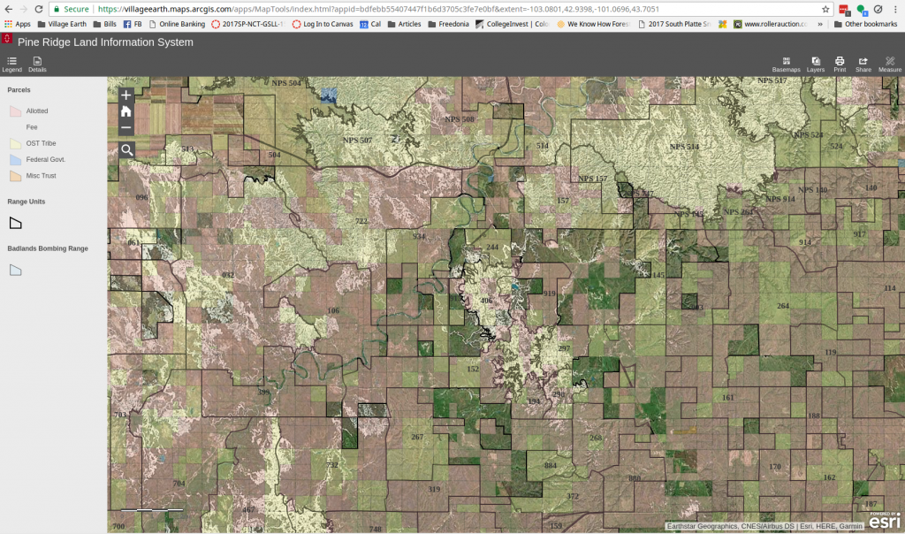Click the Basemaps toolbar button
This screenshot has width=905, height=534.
pos(785,63)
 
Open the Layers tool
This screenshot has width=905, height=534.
pos(815,63)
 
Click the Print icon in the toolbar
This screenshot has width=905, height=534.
pos(840,63)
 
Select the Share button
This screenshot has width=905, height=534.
pos(863,63)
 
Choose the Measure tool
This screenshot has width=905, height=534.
pos(889,63)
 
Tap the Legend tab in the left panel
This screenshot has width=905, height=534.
pos(11,63)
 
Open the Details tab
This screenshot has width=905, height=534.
pos(37,63)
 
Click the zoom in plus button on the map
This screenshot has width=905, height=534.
pos(126,95)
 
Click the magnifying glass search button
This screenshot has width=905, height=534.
pos(126,150)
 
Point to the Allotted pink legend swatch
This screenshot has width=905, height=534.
pos(15,111)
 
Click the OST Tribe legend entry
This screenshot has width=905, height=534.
pos(37,143)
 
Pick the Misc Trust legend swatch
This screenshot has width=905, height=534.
pos(15,176)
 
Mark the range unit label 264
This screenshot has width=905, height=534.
pos(782,306)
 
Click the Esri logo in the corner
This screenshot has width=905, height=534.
pos(884,523)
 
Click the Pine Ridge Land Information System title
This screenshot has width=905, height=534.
pos(105,42)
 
